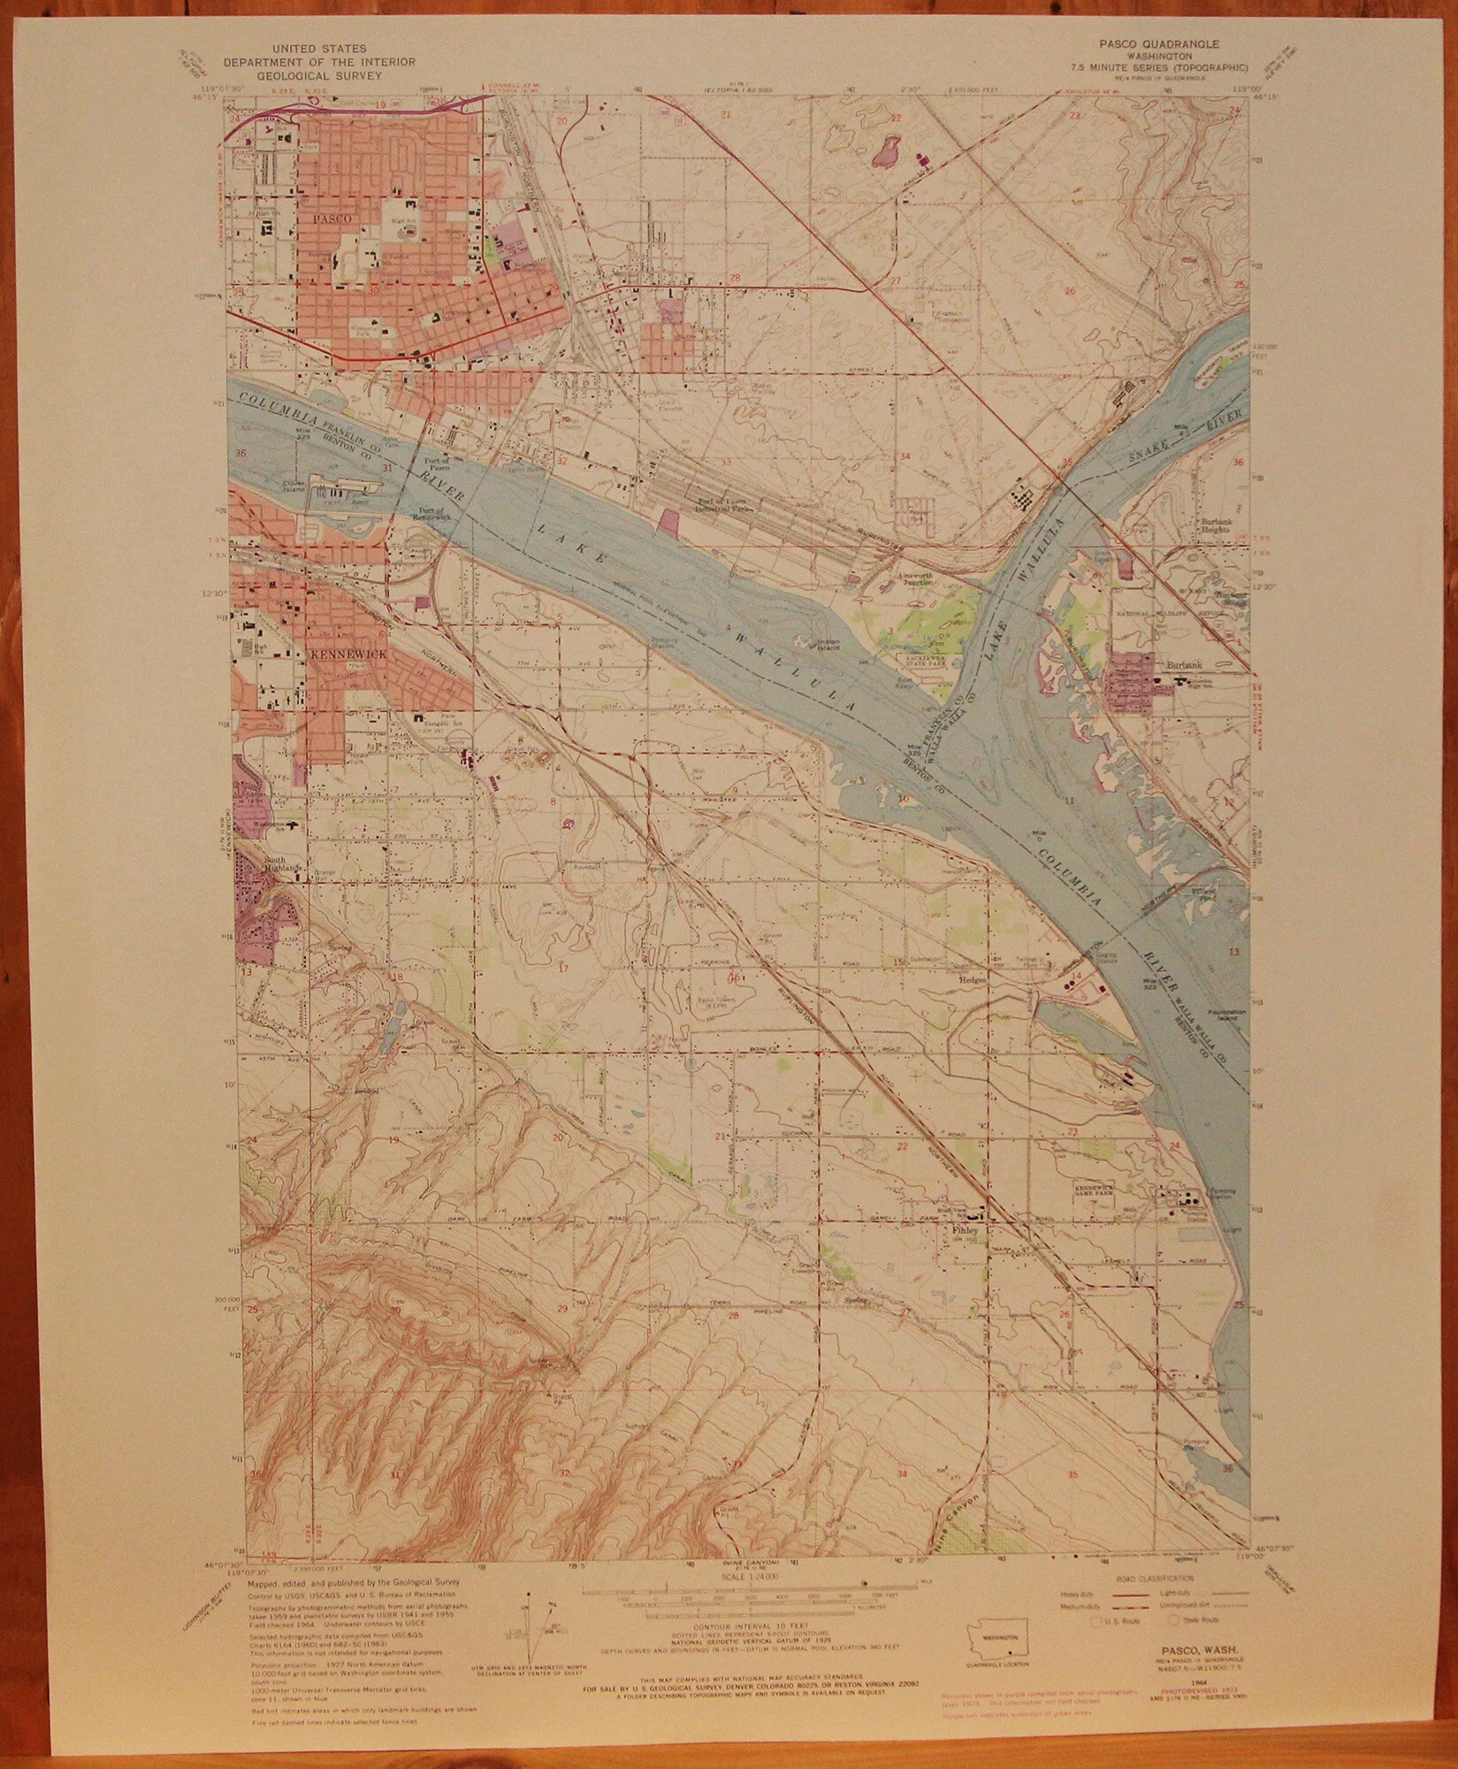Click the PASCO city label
[332, 218]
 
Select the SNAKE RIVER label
[1185, 440]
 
